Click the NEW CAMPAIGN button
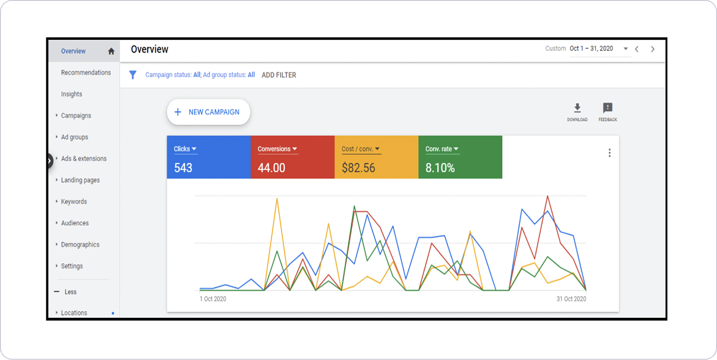point(208,112)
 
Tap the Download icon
point(577,108)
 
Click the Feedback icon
point(607,108)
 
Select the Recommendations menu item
point(86,73)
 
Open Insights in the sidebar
point(72,94)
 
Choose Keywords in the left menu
point(74,201)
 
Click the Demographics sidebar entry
point(80,245)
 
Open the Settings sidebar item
point(72,266)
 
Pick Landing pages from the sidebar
point(80,180)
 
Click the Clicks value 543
point(183,168)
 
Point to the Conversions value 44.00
point(271,168)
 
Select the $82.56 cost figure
point(358,168)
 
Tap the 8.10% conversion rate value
point(440,168)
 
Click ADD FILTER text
point(279,75)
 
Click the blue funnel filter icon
point(132,75)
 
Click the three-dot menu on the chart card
point(609,153)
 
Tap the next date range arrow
point(653,49)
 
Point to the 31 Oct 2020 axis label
point(571,299)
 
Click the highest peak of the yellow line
point(277,198)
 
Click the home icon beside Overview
point(111,51)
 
